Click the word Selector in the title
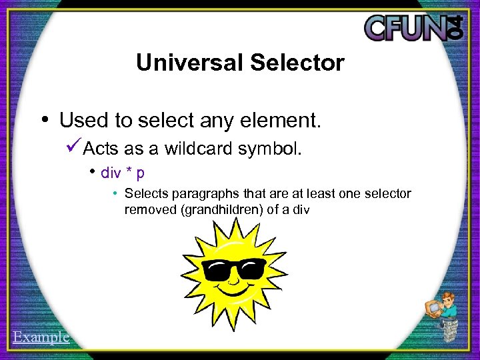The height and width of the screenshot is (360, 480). point(297,63)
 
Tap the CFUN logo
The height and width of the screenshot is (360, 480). point(413,27)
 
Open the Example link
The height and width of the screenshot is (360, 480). point(41,337)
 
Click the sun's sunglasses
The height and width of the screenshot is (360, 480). point(234,269)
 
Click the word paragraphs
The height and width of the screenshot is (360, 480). point(200,194)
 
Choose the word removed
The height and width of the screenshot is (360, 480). point(146,209)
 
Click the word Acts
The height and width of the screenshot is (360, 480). point(100,148)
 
